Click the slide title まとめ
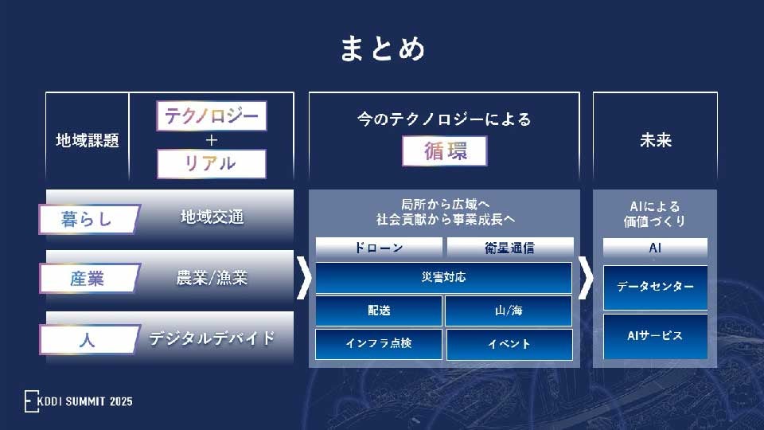point(382,48)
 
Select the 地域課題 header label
point(87,140)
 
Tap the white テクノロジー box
point(211,116)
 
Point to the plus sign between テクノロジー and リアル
point(211,140)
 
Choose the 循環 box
point(444,150)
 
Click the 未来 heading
point(655,140)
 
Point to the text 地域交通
point(212,217)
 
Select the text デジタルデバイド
point(212,338)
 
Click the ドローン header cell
point(379,248)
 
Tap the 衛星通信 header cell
point(509,248)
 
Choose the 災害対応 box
point(444,278)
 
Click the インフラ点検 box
point(379,344)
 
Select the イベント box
point(509,344)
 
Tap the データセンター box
point(655,287)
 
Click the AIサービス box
point(655,336)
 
